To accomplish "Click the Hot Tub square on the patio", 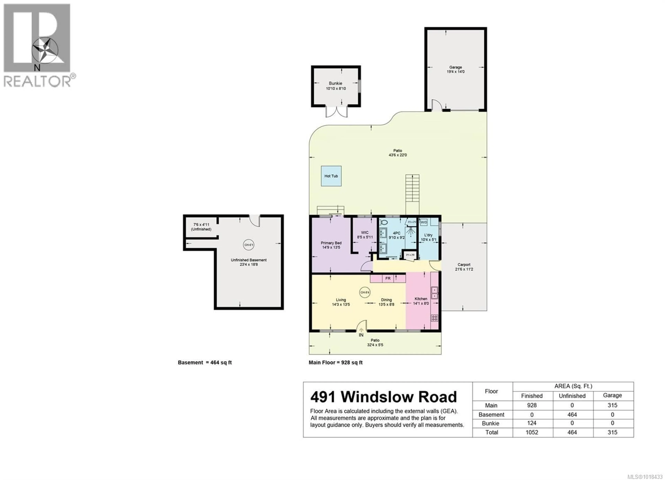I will [331, 176].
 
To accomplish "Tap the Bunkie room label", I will [335, 83].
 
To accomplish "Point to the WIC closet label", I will [365, 233].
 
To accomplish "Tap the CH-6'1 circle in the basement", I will [249, 245].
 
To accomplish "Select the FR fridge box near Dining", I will [388, 278].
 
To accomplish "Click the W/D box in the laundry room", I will [424, 222].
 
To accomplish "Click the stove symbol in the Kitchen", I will [434, 318].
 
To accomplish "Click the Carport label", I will [464, 264].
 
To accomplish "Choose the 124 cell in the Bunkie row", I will [532, 423].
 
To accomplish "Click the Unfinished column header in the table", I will [572, 396].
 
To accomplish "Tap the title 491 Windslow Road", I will [383, 397].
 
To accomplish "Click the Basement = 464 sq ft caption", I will [205, 362].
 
